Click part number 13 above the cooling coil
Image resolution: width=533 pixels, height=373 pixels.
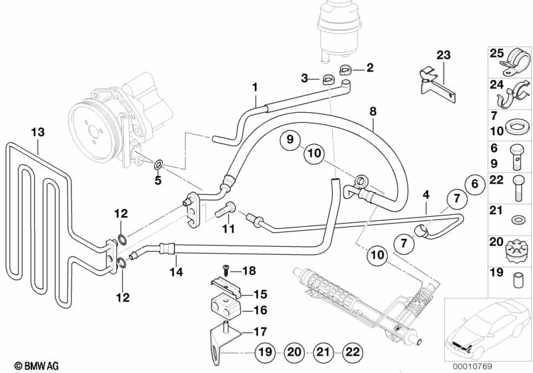click(x=38, y=132)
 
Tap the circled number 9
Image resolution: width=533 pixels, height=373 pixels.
click(x=290, y=139)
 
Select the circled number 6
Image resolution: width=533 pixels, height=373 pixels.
click(x=475, y=184)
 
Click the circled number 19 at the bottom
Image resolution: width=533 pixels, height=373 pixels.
click(x=265, y=352)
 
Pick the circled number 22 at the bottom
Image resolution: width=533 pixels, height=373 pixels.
click(x=352, y=352)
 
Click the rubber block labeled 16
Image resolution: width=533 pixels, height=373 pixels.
click(x=225, y=306)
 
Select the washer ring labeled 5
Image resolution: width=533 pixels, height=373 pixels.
click(x=158, y=165)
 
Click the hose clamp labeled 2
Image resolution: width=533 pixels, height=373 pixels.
click(x=345, y=70)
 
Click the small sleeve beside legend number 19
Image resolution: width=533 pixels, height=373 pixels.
click(x=518, y=280)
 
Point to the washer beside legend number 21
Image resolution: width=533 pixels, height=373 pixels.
click(x=518, y=219)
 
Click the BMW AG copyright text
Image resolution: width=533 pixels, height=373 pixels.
click(x=37, y=366)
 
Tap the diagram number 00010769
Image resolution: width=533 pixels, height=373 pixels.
click(x=472, y=366)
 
